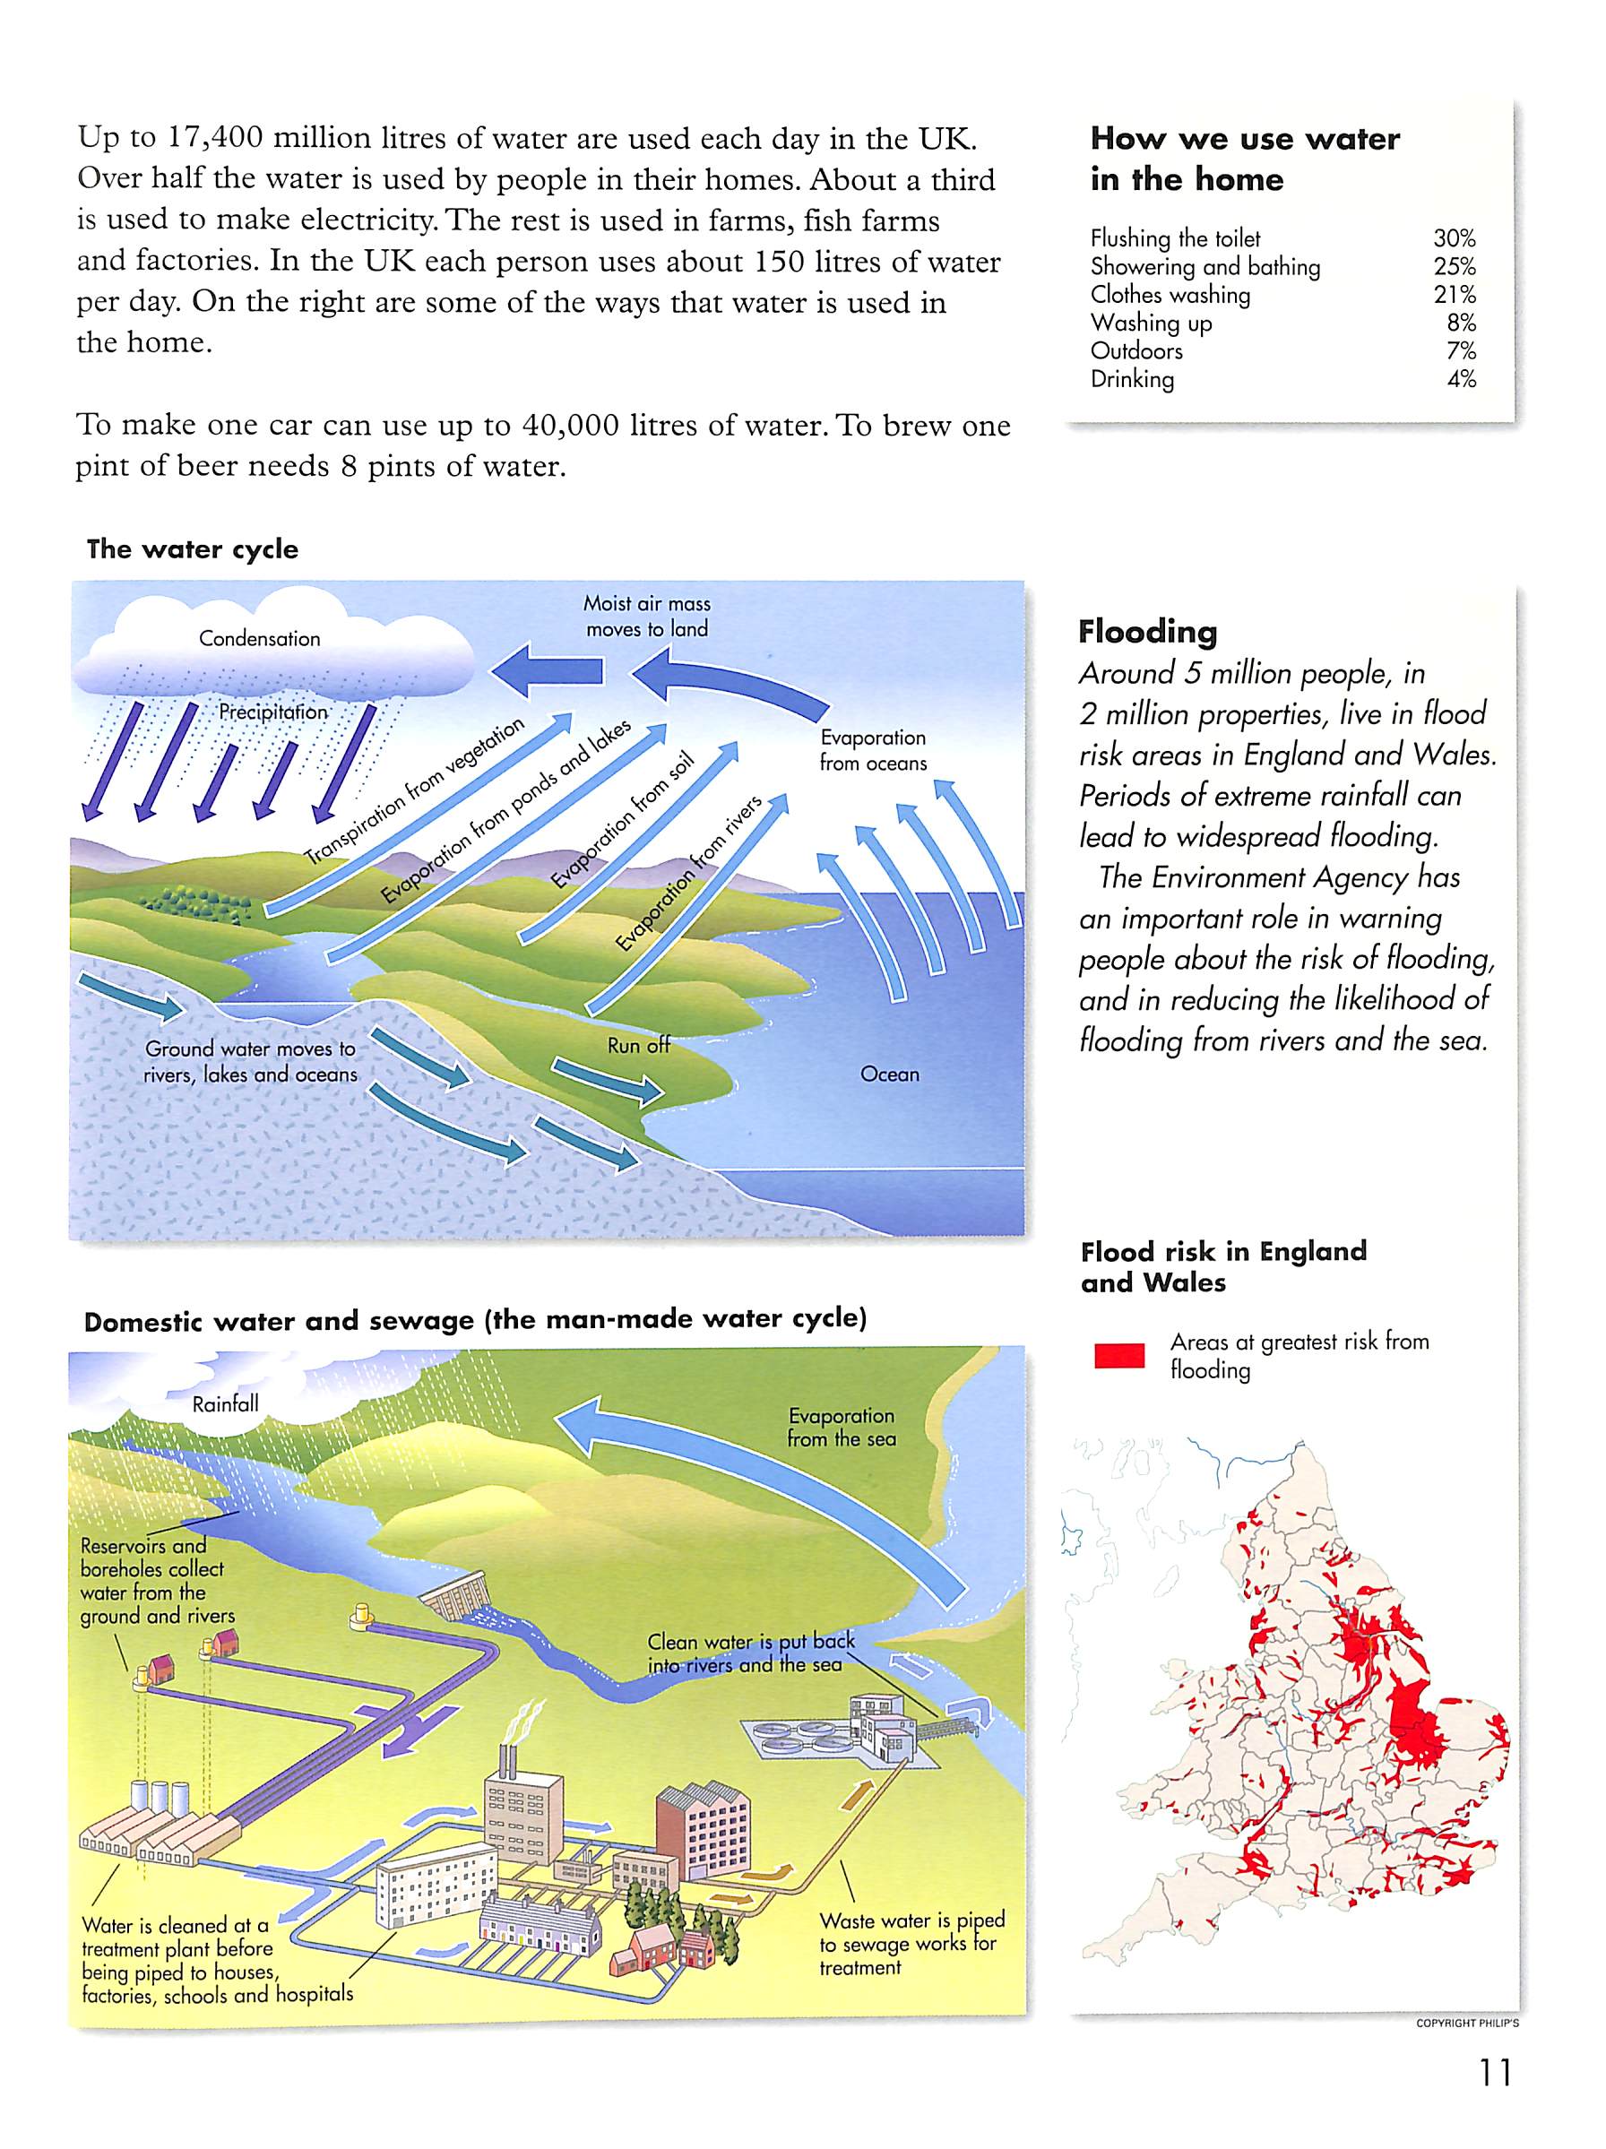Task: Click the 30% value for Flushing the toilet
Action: [x=1454, y=238]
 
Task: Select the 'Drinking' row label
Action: [x=1132, y=379]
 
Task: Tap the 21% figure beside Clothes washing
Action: [x=1454, y=294]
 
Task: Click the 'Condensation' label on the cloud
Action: [x=259, y=638]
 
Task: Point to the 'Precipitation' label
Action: [x=273, y=712]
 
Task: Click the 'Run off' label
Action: [x=638, y=1045]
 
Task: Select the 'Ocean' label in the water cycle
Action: [x=889, y=1074]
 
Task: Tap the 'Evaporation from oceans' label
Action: [x=873, y=750]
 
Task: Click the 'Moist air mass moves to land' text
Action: [x=647, y=616]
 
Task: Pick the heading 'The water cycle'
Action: [x=193, y=549]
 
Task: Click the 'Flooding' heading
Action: [x=1146, y=632]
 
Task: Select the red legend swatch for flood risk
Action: [x=1118, y=1355]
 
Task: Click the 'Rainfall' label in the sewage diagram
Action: [x=226, y=1404]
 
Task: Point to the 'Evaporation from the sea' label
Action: [x=842, y=1428]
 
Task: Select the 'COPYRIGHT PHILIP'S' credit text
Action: [x=1467, y=2024]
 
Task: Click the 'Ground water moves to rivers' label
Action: [x=251, y=1061]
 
